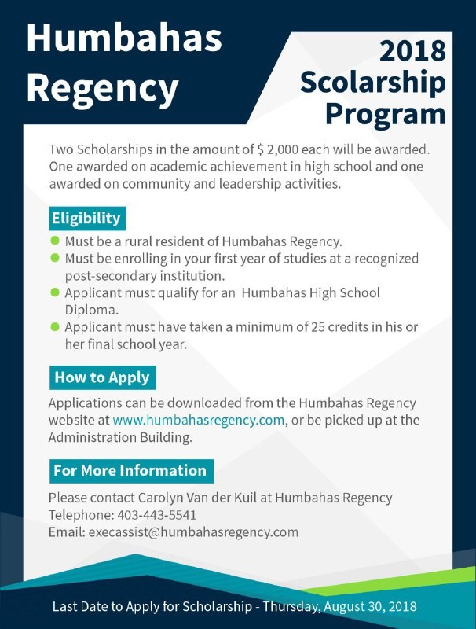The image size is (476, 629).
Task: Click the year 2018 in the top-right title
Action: click(412, 51)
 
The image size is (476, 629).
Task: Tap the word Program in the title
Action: click(385, 113)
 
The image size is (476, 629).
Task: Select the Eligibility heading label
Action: click(86, 218)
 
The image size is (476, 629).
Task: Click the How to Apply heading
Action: click(102, 377)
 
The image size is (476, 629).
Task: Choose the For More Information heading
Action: click(130, 471)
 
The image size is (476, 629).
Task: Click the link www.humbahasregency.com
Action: click(198, 420)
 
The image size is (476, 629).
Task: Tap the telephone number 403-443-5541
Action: click(157, 515)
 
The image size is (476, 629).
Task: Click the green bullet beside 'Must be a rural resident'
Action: click(55, 241)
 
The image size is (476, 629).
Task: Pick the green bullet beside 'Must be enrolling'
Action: click(55, 258)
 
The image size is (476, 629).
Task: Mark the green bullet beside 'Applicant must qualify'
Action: click(55, 292)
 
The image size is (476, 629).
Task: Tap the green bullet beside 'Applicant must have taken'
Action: click(55, 327)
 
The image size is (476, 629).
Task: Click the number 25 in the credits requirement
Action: click(308, 327)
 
